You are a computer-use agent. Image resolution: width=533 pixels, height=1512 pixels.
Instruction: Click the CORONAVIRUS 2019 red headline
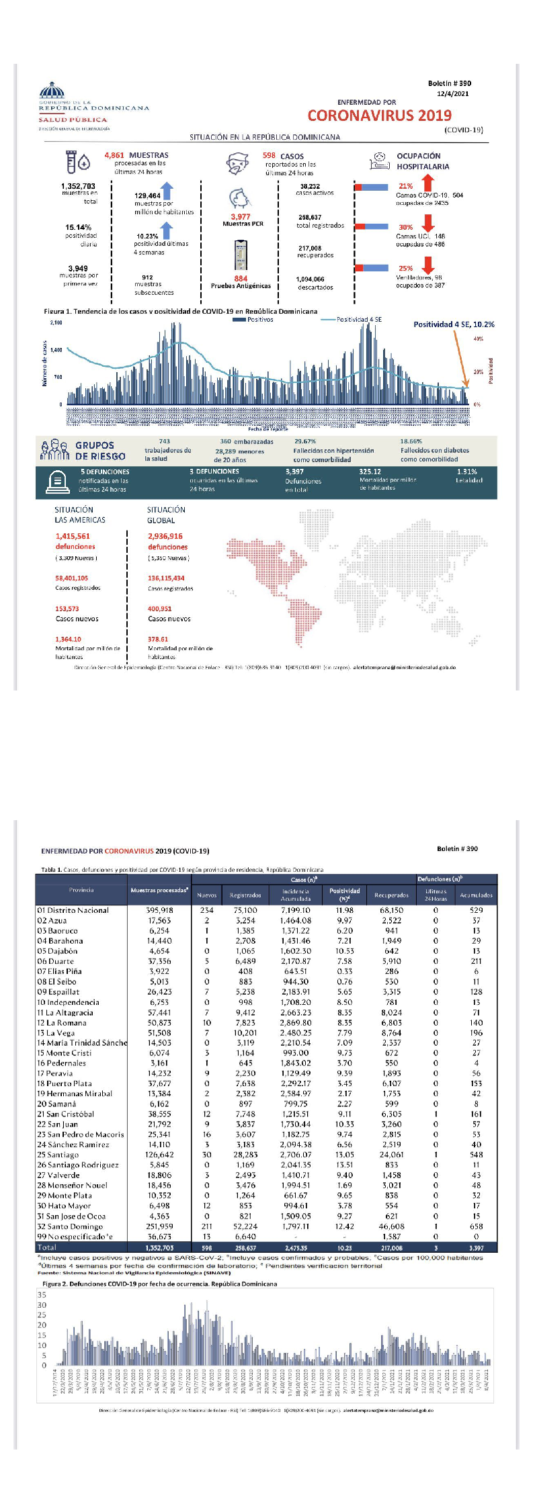coord(379,116)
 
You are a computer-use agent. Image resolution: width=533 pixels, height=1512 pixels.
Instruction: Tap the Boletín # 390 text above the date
coord(450,83)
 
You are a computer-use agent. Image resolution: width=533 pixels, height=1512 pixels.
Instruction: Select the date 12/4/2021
coord(453,94)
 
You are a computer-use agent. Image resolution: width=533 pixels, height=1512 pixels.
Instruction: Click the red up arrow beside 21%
coord(428,183)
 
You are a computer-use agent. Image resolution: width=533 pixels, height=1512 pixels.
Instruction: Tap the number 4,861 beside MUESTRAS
coord(114,155)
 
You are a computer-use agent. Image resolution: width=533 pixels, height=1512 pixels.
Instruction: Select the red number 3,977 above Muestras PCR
coord(240,216)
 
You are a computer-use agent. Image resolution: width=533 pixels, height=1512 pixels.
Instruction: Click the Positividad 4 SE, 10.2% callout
coord(454,324)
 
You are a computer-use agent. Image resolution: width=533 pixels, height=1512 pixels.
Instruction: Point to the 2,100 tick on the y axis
coord(56,322)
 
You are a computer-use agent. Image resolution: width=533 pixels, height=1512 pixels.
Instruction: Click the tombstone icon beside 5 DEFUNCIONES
coord(57,482)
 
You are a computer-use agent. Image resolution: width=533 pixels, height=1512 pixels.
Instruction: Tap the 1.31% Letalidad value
coord(466,472)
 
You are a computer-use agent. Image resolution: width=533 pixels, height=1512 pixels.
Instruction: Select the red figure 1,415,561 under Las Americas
coord(73,536)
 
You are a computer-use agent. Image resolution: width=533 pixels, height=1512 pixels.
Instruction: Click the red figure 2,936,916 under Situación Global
coord(165,536)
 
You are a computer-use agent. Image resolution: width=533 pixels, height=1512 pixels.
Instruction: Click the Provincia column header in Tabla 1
coord(81,889)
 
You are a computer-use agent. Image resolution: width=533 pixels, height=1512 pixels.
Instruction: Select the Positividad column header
coord(345,893)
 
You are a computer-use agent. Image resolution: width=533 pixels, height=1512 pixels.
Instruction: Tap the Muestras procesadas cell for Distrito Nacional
coord(159,910)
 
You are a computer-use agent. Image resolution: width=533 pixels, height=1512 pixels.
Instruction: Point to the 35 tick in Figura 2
coord(42,1294)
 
